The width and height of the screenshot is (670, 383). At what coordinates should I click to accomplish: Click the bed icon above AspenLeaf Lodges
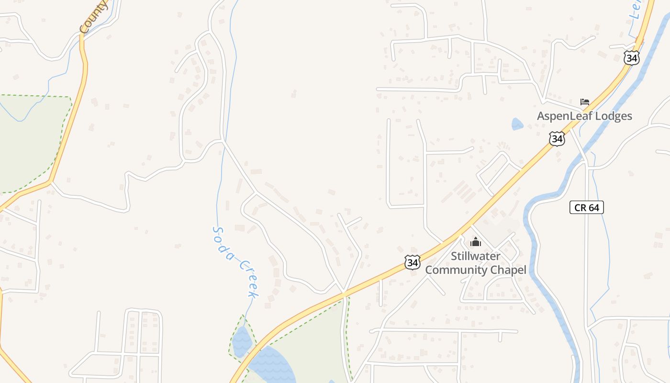(584, 101)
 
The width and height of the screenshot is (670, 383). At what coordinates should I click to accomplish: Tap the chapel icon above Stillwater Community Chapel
(475, 242)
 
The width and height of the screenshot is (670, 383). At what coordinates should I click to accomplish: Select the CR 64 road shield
(587, 207)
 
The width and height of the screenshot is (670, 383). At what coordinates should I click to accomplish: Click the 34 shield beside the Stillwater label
(412, 262)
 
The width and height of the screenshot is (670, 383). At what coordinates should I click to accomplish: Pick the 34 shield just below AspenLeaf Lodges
(557, 139)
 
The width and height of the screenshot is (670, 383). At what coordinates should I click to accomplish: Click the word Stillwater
(476, 256)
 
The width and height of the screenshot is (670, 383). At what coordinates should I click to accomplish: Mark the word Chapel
(510, 270)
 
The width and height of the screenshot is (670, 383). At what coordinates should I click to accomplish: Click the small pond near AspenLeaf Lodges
(517, 124)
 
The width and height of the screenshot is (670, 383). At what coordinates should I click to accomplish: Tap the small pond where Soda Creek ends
(242, 341)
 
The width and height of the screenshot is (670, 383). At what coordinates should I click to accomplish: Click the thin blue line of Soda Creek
(219, 191)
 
